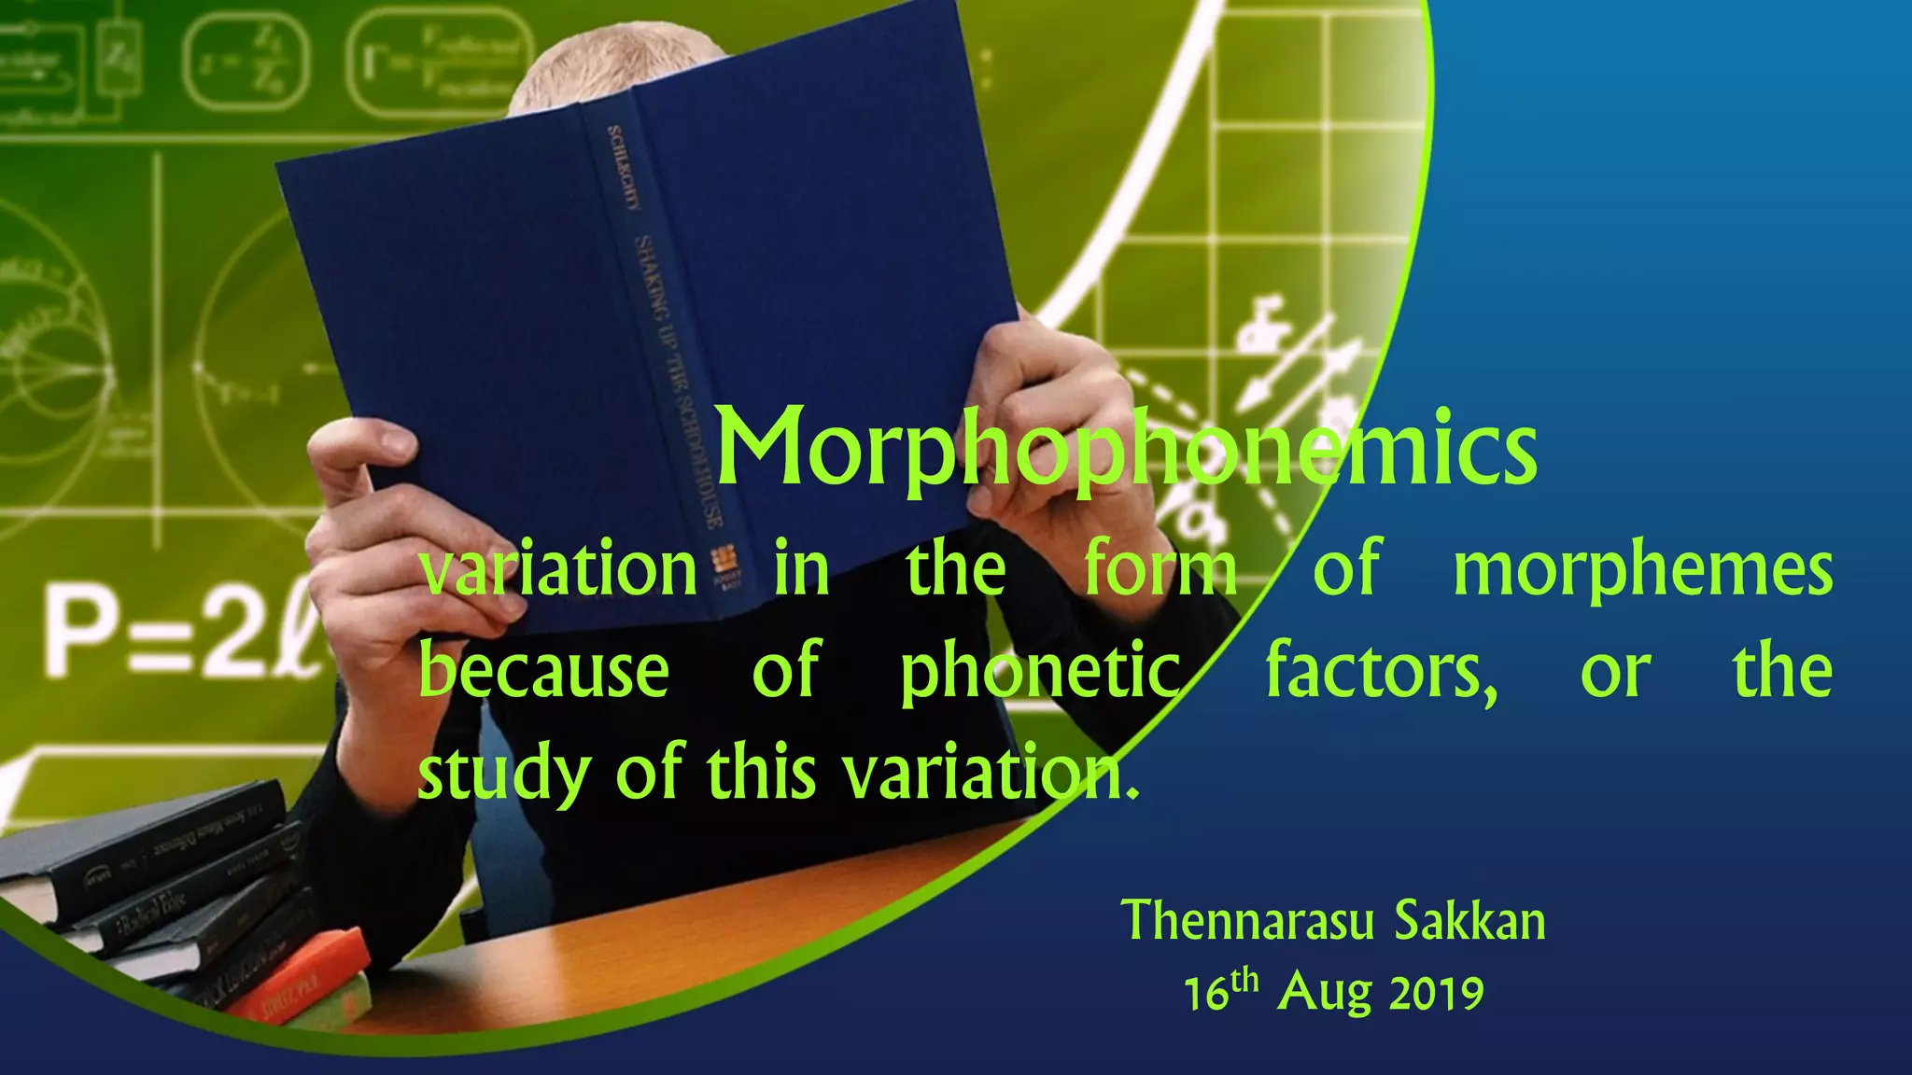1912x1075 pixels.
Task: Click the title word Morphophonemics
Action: point(1125,450)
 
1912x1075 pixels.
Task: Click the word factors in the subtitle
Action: point(1380,672)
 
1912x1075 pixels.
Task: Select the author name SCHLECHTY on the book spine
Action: point(621,168)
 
